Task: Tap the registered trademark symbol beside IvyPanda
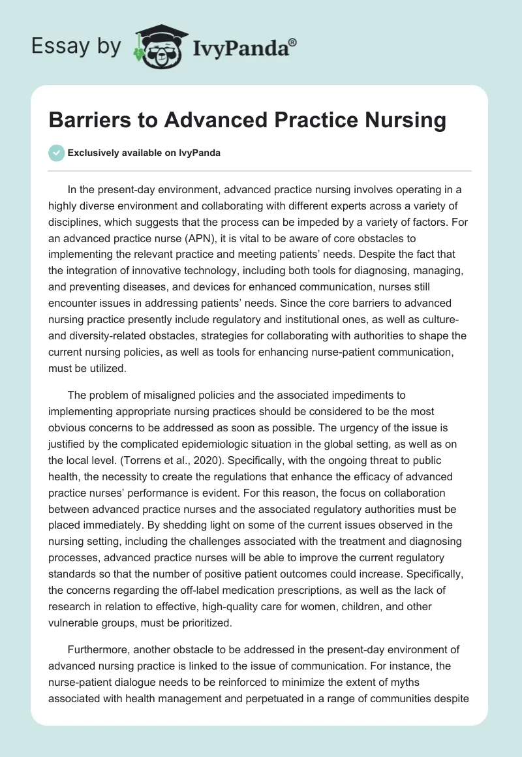click(293, 42)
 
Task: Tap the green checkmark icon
click(56, 153)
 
